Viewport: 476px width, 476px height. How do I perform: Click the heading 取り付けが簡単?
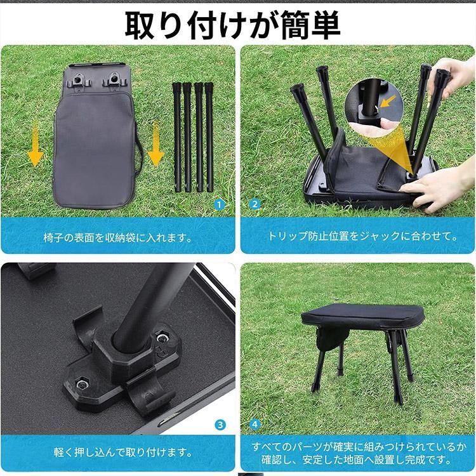coord(232,26)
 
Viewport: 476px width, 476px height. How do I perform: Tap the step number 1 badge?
coord(219,205)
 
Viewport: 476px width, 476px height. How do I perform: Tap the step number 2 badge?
coord(255,204)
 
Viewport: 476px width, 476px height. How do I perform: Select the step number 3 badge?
coord(220,425)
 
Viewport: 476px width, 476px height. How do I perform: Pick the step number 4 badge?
coord(255,424)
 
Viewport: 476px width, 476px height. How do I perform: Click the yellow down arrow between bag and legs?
coord(156,143)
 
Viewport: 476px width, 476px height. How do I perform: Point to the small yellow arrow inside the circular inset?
coord(388,102)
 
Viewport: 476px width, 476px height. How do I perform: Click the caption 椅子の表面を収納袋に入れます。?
coord(118,238)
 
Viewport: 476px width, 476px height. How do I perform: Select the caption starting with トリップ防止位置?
coord(363,236)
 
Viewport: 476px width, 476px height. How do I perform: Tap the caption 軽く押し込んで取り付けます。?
coord(123,453)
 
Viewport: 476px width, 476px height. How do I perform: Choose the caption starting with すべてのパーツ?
coord(359,453)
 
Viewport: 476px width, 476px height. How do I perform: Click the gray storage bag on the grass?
coord(95,136)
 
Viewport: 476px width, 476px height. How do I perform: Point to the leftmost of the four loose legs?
coord(177,137)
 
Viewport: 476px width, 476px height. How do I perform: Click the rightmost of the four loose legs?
coord(209,137)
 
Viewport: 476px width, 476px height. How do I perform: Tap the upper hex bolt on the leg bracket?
coord(161,336)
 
